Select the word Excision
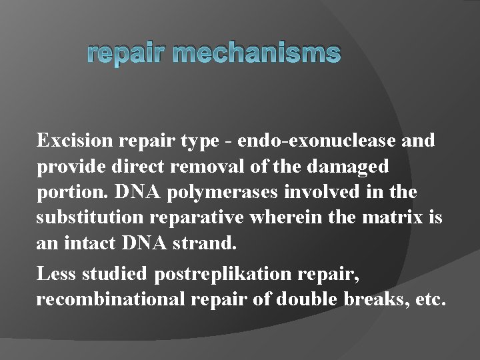(x=75, y=141)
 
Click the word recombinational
(x=110, y=299)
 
